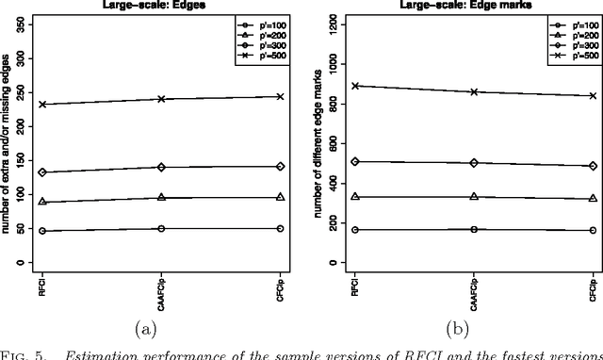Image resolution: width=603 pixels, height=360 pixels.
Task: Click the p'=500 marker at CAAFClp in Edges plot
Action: point(161,99)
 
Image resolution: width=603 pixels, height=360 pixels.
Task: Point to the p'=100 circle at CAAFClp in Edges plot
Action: point(161,228)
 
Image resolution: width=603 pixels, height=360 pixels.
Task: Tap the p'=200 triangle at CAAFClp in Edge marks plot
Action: point(473,196)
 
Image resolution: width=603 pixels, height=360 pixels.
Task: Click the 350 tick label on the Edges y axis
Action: point(21,18)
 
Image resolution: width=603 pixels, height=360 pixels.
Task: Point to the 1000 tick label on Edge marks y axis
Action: point(328,64)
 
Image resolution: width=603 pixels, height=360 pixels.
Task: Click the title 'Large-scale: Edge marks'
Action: point(472,4)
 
